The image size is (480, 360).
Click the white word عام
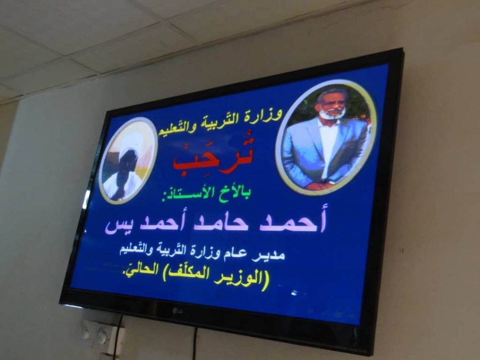pyautogui.click(x=240, y=254)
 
